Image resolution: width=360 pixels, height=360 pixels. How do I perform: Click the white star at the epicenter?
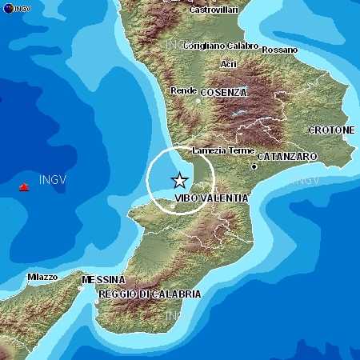coord(180,181)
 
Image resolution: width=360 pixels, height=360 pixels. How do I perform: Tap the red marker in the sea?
coord(24,187)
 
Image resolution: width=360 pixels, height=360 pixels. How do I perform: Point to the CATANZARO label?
coord(286,157)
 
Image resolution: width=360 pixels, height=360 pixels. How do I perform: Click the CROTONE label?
coord(331,130)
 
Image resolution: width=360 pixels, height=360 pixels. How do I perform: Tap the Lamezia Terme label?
coord(223,150)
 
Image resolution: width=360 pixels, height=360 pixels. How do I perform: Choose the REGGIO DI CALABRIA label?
coord(150,294)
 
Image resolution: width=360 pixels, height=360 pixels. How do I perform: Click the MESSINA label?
coord(103,280)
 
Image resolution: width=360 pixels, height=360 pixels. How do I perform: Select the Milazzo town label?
coord(42,277)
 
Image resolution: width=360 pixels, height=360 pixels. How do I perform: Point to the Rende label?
coord(184,91)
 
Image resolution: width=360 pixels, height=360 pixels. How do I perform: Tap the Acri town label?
coord(229,63)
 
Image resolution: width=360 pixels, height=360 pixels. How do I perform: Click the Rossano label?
coord(279,50)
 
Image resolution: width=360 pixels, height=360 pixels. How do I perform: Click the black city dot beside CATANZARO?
coord(254,167)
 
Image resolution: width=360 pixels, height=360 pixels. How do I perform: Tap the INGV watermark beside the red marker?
coord(52,180)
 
